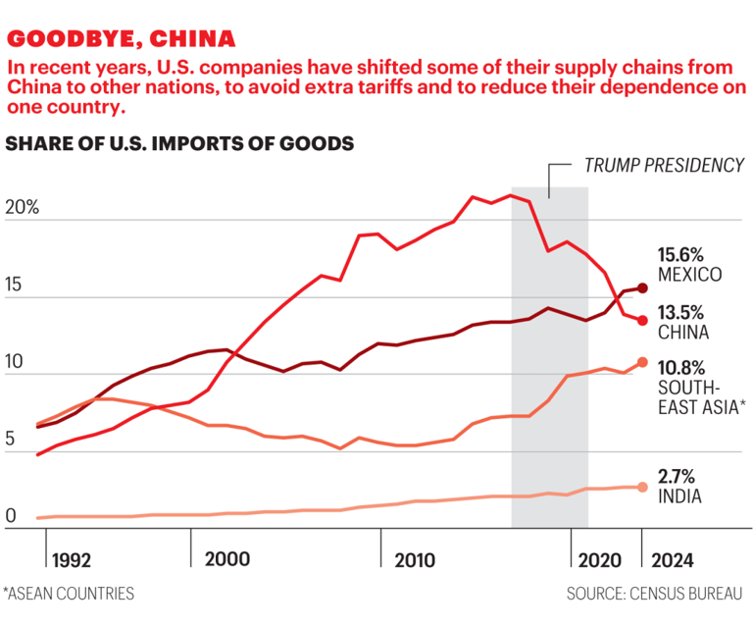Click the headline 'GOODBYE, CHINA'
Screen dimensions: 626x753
[x=122, y=39]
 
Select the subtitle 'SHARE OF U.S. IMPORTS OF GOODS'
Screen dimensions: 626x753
[x=179, y=143]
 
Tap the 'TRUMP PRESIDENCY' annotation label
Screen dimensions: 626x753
[x=664, y=165]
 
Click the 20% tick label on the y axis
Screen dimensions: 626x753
[x=22, y=209]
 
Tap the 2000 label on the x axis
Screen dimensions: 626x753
[x=227, y=558]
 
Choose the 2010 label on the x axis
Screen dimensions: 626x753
[x=415, y=560]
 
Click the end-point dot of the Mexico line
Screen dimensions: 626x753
[x=643, y=287]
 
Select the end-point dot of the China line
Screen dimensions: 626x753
[x=643, y=321]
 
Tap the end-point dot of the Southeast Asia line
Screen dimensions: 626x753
[x=643, y=362]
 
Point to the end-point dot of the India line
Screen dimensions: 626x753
[x=643, y=487]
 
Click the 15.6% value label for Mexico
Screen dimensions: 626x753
[x=682, y=253]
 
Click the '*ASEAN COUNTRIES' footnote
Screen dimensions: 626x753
[x=68, y=594]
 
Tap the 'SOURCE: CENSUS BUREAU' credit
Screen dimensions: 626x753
[x=654, y=594]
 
